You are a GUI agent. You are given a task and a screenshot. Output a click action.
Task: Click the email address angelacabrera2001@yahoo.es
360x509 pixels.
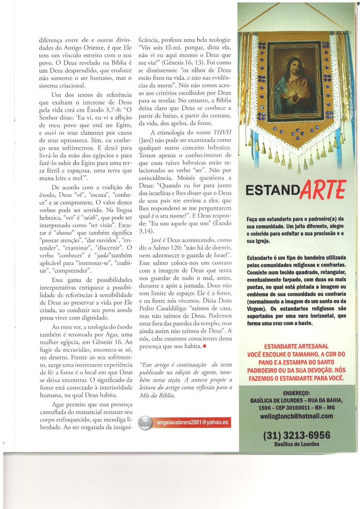point(189,422)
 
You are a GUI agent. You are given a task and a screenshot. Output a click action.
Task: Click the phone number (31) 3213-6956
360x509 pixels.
point(297,436)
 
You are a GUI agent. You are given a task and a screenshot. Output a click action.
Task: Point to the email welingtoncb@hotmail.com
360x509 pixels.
point(297,416)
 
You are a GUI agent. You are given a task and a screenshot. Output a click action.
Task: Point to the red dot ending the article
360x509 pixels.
point(205,346)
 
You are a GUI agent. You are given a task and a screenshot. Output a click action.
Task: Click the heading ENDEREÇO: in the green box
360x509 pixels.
point(297,393)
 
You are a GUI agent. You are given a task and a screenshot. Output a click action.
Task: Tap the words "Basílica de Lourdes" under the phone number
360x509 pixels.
point(297,444)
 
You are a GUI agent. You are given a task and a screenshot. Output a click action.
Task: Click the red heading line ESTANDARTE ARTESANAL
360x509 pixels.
point(297,346)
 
